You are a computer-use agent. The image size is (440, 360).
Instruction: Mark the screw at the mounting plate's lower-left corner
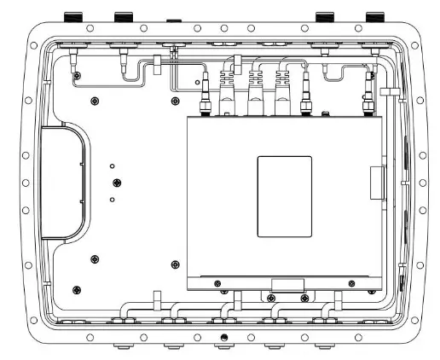[x=78, y=288]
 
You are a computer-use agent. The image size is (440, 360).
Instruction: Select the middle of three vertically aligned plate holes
[x=117, y=183]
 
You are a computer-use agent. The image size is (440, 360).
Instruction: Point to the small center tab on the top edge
[x=172, y=17]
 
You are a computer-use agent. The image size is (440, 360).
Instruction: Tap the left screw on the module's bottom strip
[x=219, y=283]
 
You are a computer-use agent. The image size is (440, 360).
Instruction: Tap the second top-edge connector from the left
[x=124, y=17]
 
